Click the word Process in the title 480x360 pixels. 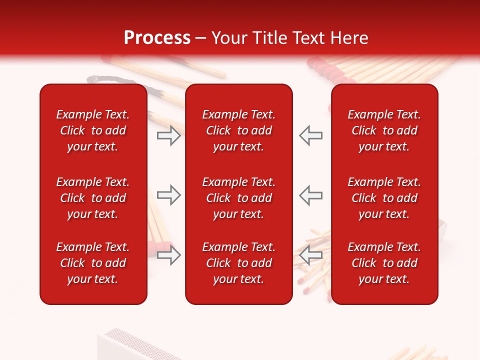(x=157, y=38)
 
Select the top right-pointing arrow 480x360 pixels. (x=168, y=135)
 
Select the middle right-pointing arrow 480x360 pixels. (x=168, y=195)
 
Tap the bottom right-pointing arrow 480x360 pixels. (x=168, y=255)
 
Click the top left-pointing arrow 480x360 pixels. (x=311, y=135)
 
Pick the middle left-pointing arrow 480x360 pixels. (x=311, y=195)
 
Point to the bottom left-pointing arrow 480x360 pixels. (x=311, y=255)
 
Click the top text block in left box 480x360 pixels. (x=93, y=130)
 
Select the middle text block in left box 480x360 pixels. (x=93, y=198)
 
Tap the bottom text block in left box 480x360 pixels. (x=93, y=263)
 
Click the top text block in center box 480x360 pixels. (x=239, y=130)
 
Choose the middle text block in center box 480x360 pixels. (x=239, y=198)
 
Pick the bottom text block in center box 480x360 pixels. (x=239, y=263)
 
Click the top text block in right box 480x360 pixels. (x=384, y=130)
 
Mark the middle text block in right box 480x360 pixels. (x=384, y=198)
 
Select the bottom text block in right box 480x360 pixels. (x=384, y=263)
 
